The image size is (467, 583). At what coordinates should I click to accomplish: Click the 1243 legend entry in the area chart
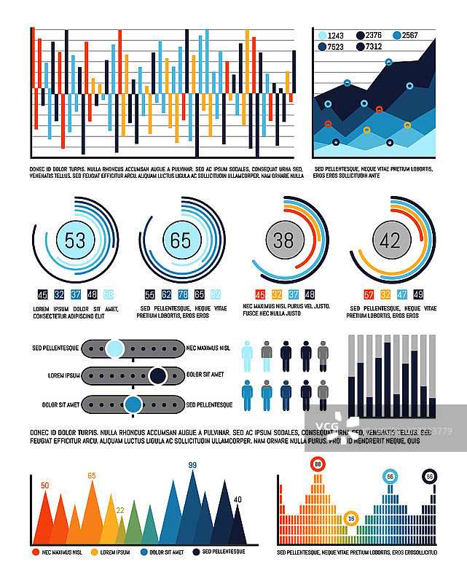(331, 35)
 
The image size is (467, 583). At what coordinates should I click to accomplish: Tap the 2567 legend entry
(404, 35)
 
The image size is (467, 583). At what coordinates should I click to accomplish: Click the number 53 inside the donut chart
(75, 240)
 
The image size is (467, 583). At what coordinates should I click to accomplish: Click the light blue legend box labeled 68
(109, 294)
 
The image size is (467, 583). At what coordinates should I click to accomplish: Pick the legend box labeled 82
(216, 294)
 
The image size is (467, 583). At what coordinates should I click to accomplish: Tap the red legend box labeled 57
(369, 294)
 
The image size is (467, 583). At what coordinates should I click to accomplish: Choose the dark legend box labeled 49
(418, 294)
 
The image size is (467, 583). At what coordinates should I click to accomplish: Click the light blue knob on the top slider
(114, 348)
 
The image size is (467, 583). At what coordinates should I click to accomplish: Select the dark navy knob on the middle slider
(157, 376)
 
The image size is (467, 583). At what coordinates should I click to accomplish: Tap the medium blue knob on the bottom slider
(133, 404)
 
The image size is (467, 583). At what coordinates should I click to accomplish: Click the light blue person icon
(247, 356)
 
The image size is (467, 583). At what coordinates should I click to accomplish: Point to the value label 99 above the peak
(193, 465)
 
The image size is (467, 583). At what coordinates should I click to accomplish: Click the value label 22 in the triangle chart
(120, 510)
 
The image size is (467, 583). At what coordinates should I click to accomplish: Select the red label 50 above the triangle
(45, 485)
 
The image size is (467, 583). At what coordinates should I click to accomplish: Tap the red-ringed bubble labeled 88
(318, 463)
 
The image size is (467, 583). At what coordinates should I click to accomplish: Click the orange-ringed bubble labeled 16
(351, 518)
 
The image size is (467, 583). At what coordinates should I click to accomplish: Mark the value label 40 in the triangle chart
(238, 499)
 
